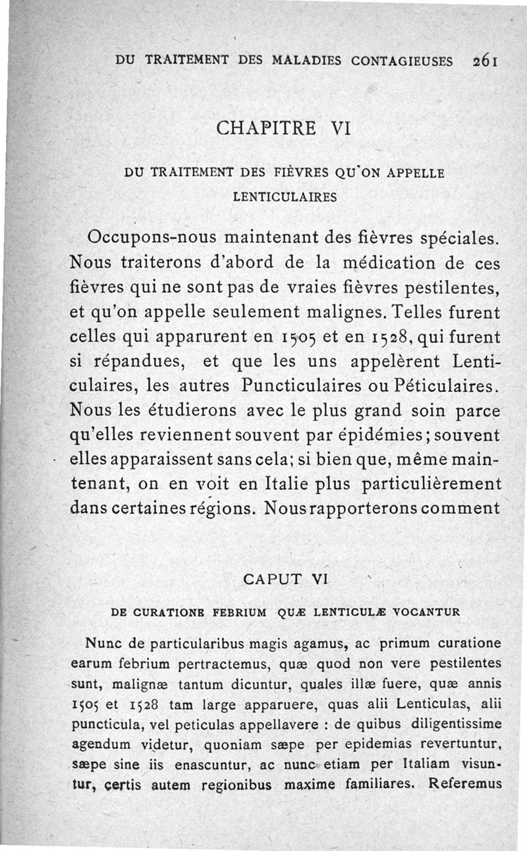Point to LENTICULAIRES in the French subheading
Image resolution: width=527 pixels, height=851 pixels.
coord(285,196)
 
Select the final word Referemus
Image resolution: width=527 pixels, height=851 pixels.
coord(465,784)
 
